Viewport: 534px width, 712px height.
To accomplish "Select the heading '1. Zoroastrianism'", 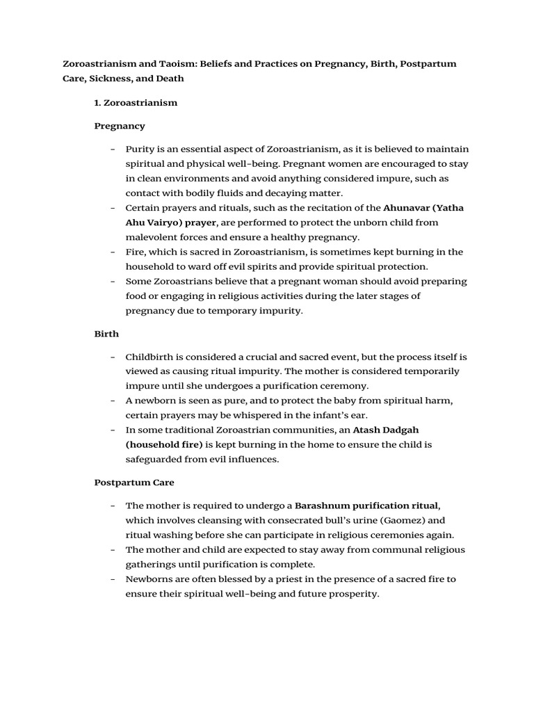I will coord(136,103).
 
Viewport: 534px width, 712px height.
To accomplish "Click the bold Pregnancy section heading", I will coord(120,126).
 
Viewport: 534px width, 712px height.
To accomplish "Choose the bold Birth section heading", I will coord(106,334).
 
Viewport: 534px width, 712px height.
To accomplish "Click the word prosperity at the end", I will coord(353,594).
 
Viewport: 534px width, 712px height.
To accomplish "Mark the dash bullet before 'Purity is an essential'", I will coord(113,149).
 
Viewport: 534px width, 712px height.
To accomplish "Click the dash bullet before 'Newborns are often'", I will coord(113,579).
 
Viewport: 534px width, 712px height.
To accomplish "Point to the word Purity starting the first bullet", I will coord(140,149).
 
